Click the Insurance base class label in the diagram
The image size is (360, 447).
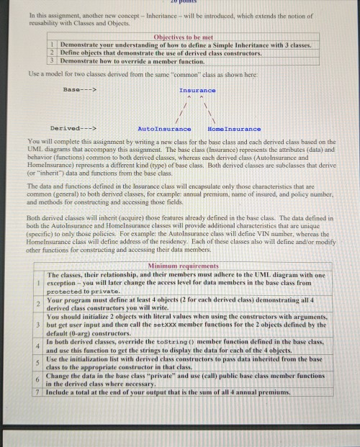[197, 90]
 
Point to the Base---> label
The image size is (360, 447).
[80, 90]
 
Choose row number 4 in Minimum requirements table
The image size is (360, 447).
[38, 347]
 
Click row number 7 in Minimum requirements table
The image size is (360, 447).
[38, 392]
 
